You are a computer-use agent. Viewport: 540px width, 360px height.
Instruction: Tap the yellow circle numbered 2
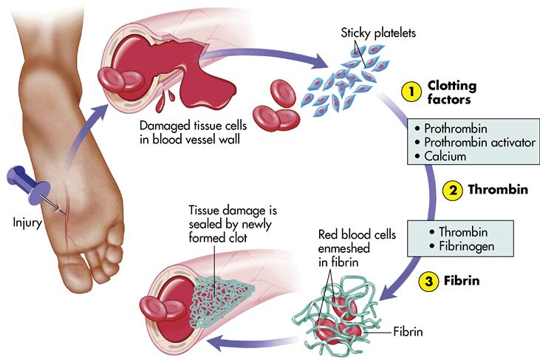point(452,190)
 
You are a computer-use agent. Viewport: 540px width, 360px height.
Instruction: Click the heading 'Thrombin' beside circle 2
point(497,190)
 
